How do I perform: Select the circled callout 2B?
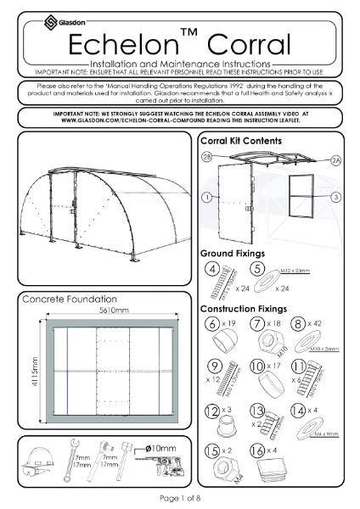coord(205,159)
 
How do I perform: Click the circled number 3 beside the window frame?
coord(336,197)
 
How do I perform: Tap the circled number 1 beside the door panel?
coord(205,197)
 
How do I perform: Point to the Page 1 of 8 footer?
coord(180,497)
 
